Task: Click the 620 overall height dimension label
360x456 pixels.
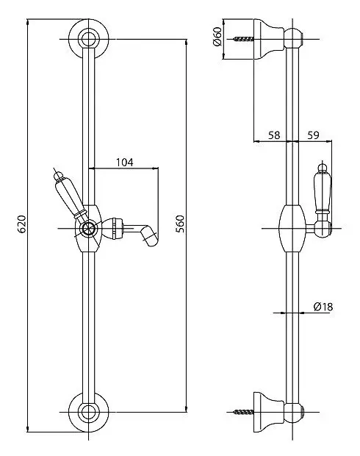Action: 22,224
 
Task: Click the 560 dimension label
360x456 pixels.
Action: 180,224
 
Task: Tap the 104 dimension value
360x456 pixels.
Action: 125,163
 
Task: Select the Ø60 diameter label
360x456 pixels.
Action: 217,37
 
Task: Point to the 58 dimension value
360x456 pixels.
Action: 274,135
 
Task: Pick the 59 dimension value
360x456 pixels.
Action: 313,135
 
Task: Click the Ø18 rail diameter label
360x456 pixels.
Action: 323,307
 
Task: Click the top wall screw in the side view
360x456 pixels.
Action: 243,39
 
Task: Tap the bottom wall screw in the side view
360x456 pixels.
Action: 243,412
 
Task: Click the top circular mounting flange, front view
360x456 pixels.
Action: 88,39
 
